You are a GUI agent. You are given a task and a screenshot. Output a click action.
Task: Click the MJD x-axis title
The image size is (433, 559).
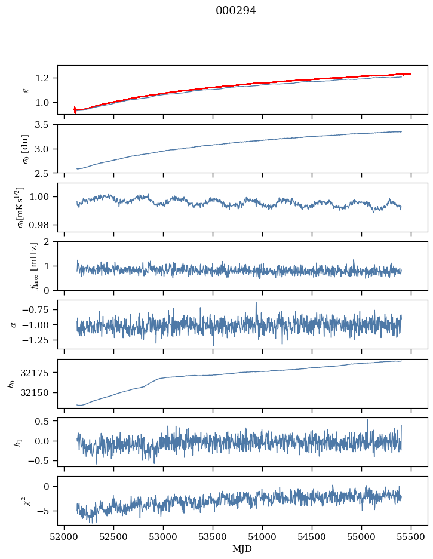pos(242,549)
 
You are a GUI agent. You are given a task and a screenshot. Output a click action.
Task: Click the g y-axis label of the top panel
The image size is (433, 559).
pos(26,90)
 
